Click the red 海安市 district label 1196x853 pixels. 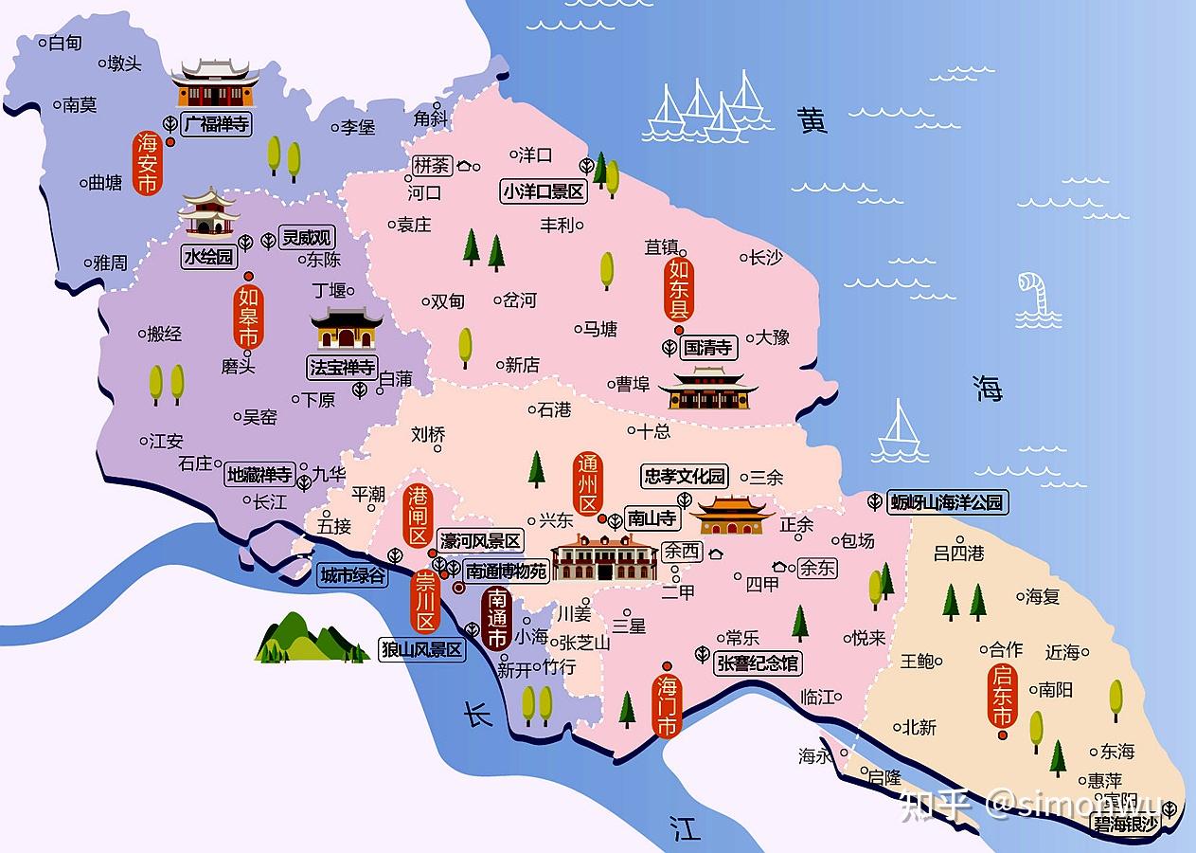(147, 163)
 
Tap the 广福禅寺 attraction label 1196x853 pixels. (216, 124)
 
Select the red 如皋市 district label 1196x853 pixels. (248, 318)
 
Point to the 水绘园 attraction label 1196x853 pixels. (209, 256)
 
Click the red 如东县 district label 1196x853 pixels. (678, 289)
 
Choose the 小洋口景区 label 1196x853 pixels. (544, 191)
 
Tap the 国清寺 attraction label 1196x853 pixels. (708, 348)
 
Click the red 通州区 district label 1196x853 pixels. (588, 484)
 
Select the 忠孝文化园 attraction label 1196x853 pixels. (684, 476)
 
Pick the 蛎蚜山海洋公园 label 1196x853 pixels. (946, 502)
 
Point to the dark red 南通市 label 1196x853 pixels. (496, 619)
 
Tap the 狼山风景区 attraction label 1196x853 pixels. (421, 650)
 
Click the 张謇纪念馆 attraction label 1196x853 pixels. (759, 662)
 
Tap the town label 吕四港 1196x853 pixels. (958, 553)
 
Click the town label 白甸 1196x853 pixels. (64, 43)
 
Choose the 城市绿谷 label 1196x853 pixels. (352, 575)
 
